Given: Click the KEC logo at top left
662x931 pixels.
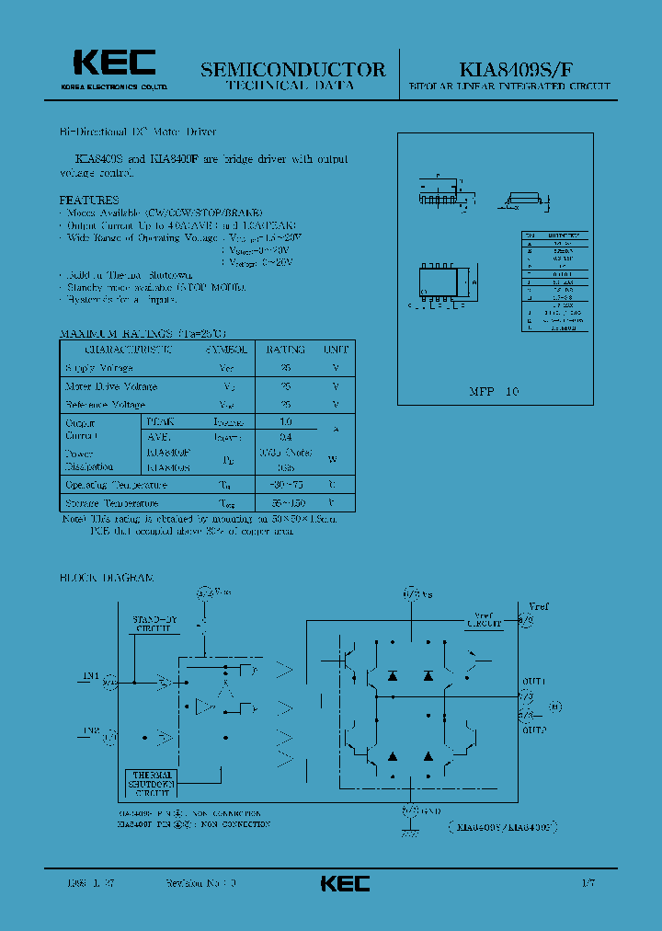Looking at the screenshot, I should pos(115,63).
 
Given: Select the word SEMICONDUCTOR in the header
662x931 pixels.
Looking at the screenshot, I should pos(292,69).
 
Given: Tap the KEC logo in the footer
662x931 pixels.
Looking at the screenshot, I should pos(345,883).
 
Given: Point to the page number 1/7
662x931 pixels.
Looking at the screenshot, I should pos(588,883).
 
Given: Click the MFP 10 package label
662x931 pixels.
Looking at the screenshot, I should pos(495,391).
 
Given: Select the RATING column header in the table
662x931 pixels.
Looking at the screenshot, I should pos(285,351).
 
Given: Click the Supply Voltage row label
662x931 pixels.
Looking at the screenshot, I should pos(98,368).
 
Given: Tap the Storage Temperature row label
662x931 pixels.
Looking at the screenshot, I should pos(111,503).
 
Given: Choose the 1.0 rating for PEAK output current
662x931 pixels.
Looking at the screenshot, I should pos(286,421).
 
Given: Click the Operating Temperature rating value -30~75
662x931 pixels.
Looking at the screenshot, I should pos(286,484).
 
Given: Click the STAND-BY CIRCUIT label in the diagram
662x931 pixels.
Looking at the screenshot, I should pos(154,624).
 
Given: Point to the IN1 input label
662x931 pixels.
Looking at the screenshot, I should pos(90,676).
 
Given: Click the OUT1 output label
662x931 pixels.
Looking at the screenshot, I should pos(533,682).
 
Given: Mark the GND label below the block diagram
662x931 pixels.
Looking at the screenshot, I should pos(431,811).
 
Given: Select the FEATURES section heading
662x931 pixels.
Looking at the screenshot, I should pos(89,199).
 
